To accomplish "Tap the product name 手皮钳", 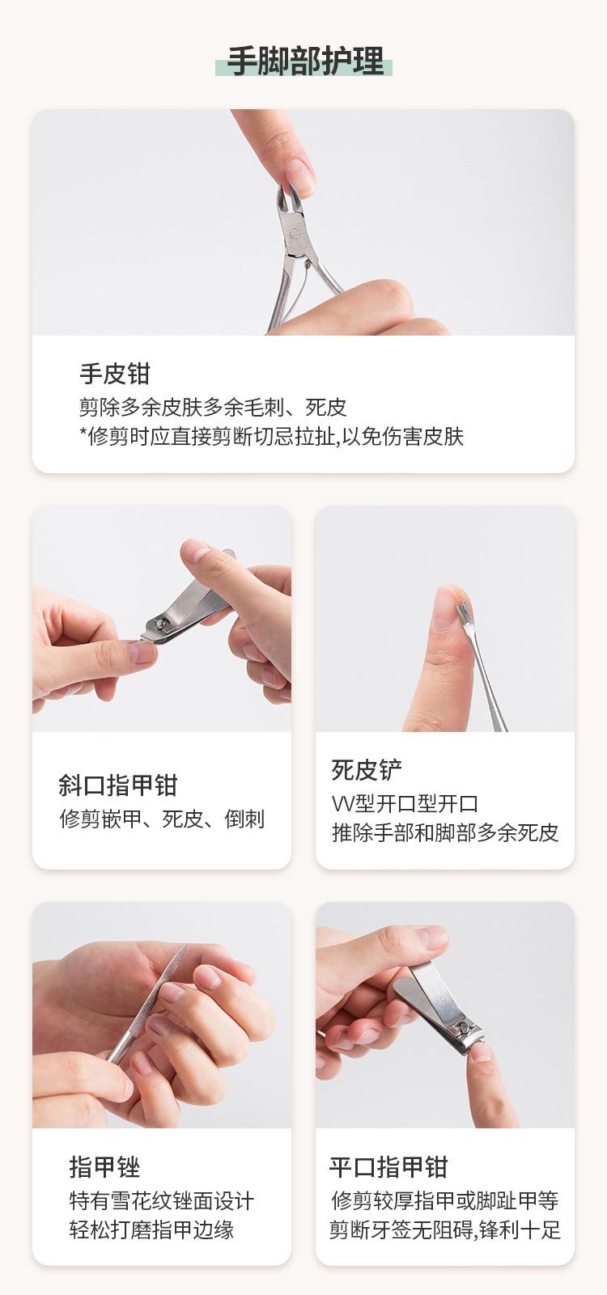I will click(x=114, y=374).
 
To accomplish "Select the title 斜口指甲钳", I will click(x=117, y=785).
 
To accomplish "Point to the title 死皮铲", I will click(x=366, y=770).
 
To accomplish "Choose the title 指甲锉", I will click(x=104, y=1167).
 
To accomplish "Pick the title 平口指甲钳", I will click(x=388, y=1167).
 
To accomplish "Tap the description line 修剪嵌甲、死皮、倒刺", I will click(x=162, y=819).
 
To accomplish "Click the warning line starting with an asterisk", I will click(x=271, y=437).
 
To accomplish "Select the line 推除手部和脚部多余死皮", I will click(x=444, y=832).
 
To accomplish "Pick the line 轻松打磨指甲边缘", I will click(x=151, y=1229).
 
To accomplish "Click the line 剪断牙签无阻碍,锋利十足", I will click(x=444, y=1229).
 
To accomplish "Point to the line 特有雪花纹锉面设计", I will click(x=161, y=1200).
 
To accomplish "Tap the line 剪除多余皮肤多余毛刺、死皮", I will click(x=212, y=407).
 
